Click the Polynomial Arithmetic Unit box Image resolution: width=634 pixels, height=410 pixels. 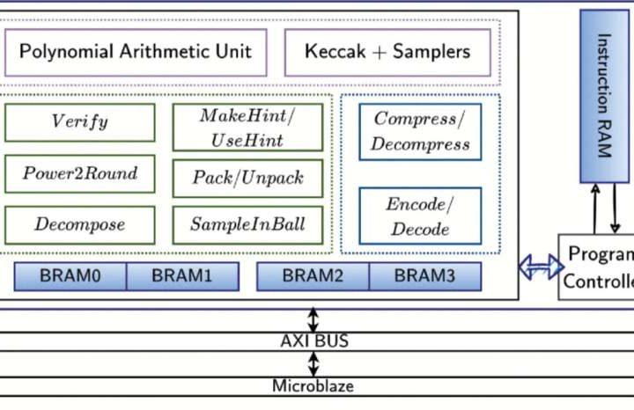click(x=136, y=51)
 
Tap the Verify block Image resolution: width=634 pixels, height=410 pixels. click(x=80, y=122)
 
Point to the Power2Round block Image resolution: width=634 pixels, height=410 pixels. click(x=80, y=173)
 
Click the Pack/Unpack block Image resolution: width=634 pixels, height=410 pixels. click(x=247, y=179)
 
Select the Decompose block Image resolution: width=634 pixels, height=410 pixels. click(x=80, y=224)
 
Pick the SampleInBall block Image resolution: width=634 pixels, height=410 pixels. click(x=247, y=225)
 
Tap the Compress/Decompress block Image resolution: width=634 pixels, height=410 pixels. click(x=420, y=131)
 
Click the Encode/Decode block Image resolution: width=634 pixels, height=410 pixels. click(x=420, y=216)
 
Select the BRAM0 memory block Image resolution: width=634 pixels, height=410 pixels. click(x=70, y=276)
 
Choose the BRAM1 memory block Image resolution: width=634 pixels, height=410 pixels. click(x=182, y=276)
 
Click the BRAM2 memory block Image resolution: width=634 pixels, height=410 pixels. click(x=313, y=276)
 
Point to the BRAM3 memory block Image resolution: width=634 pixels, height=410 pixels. click(x=424, y=276)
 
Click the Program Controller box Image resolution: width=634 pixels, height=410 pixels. click(x=598, y=267)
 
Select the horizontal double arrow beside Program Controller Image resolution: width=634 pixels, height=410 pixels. click(x=540, y=267)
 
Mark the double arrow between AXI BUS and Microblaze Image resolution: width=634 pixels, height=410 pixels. click(x=314, y=363)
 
